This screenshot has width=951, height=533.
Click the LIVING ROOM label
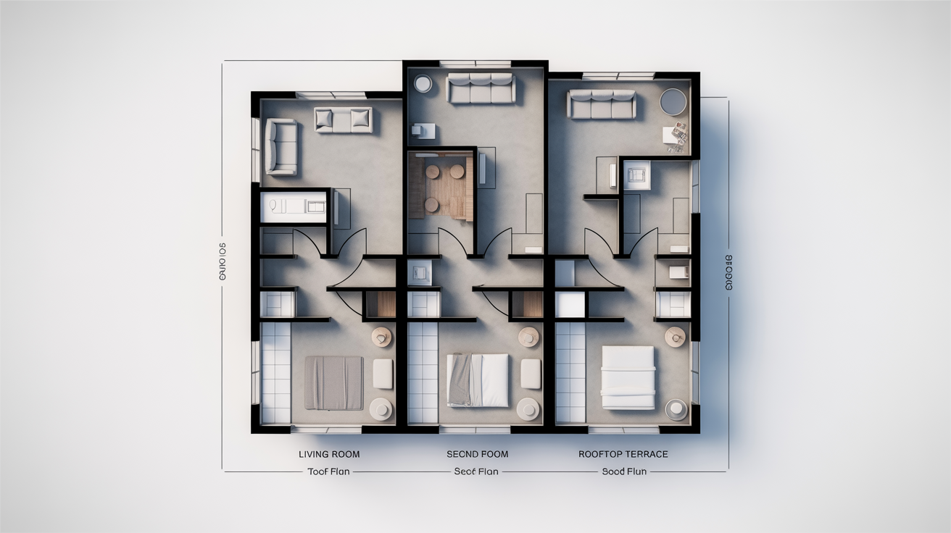tap(329, 454)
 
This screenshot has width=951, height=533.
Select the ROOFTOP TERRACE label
tap(623, 454)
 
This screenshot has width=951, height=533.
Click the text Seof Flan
tap(476, 471)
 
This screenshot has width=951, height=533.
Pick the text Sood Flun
tap(624, 471)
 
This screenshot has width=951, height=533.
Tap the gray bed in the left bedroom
tap(333, 382)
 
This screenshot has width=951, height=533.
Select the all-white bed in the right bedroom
tap(628, 377)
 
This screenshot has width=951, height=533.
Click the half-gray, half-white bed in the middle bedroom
tap(478, 379)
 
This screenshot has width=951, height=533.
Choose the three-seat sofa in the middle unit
tap(481, 88)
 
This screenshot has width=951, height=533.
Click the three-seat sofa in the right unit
tap(602, 104)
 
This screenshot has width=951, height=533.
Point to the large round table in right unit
tap(673, 101)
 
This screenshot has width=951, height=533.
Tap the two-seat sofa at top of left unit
tap(344, 119)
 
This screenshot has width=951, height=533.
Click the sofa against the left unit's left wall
tap(281, 147)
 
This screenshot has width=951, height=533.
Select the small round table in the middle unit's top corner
tap(423, 83)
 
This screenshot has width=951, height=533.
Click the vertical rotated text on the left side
tap(222, 261)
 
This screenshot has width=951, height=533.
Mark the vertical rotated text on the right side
tap(729, 272)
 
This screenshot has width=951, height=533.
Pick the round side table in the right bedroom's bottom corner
tap(676, 409)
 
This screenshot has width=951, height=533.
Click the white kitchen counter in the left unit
tap(294, 206)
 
